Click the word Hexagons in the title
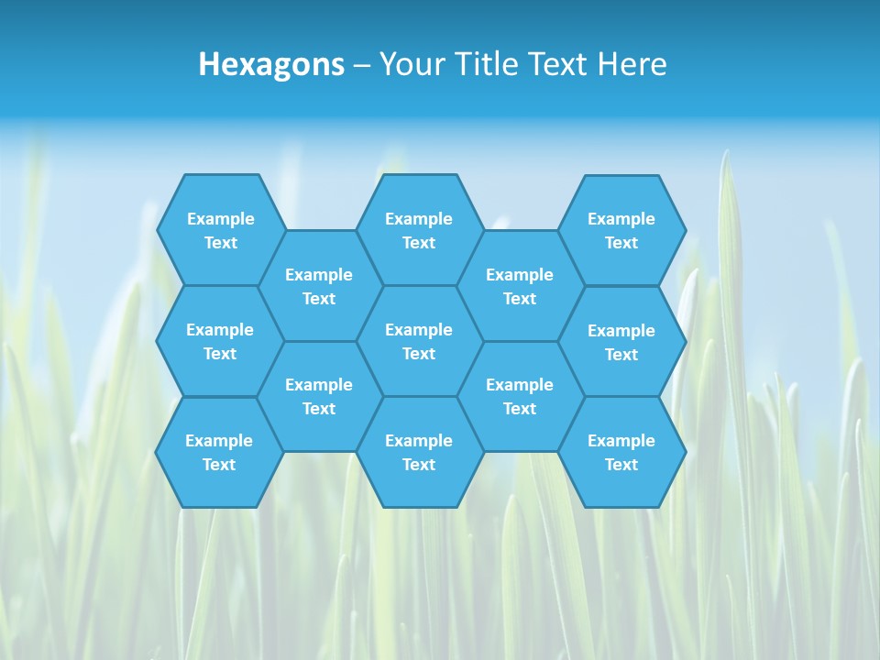271,64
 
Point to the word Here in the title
632,64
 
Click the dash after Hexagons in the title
361,65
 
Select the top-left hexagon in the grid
221,230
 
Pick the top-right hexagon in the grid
621,230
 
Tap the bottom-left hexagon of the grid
219,452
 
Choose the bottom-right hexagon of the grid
621,452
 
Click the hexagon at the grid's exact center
419,341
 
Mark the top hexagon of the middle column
419,230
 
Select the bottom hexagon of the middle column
419,452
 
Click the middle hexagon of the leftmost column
220,341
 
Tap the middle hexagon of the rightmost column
621,342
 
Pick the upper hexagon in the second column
319,286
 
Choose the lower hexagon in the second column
319,396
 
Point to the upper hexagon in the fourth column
520,286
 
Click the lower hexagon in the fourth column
520,396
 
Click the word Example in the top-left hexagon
221,219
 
